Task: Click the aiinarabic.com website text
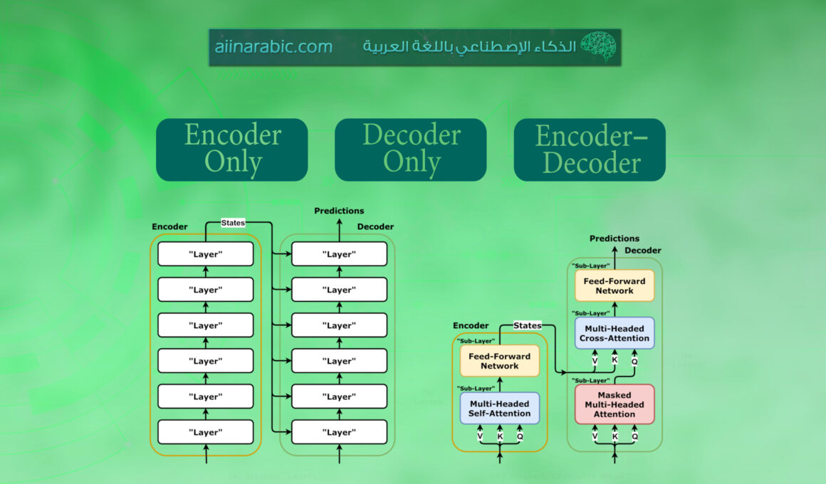click(273, 47)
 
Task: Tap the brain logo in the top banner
click(597, 46)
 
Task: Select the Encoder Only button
click(232, 149)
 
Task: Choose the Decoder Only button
click(411, 149)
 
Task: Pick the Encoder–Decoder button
click(590, 149)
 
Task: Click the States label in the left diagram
click(233, 223)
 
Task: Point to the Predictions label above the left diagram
click(339, 211)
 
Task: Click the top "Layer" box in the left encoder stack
click(206, 254)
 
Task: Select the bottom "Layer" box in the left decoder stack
click(339, 432)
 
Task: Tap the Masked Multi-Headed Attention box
click(615, 404)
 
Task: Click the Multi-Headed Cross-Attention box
click(615, 333)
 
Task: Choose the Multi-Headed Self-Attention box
click(500, 408)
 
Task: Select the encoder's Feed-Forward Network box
click(500, 361)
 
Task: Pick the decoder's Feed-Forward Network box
click(615, 285)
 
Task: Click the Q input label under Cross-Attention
click(634, 361)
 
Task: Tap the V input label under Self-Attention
click(480, 436)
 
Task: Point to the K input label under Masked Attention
click(615, 436)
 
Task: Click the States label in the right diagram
click(528, 325)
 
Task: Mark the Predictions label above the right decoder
click(615, 238)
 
